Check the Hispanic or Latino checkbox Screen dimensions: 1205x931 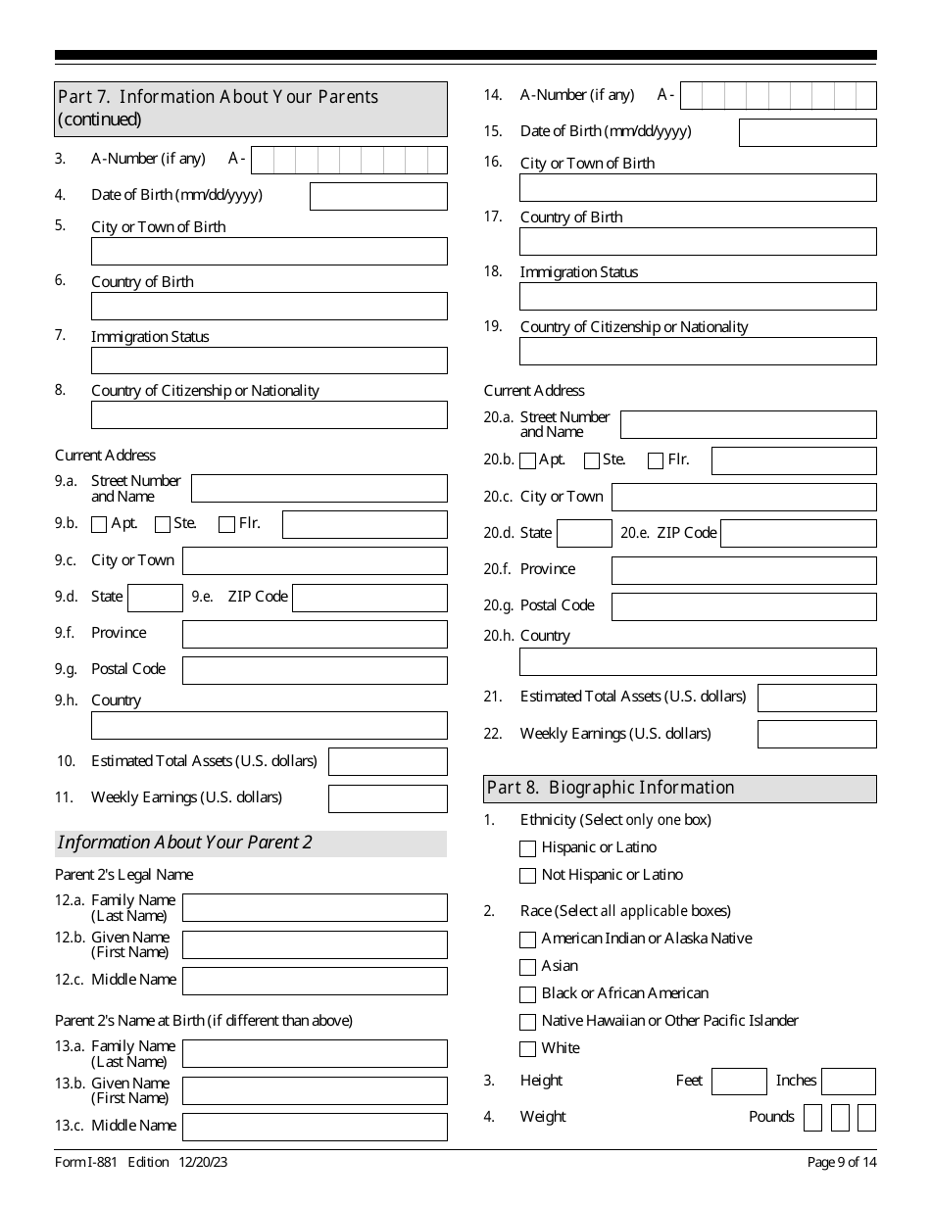pyautogui.click(x=528, y=848)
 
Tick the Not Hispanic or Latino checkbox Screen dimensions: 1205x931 pyautogui.click(x=528, y=876)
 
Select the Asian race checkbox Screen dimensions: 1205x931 pyautogui.click(x=528, y=967)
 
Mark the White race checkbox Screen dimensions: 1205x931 pyautogui.click(x=528, y=1049)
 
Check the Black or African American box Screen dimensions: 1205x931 pyautogui.click(x=528, y=994)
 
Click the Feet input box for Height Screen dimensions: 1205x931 pyautogui.click(x=739, y=1082)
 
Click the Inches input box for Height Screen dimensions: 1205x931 pyautogui.click(x=848, y=1082)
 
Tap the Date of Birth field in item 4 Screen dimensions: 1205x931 pyautogui.click(x=378, y=196)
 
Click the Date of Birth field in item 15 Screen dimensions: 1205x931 pyautogui.click(x=808, y=132)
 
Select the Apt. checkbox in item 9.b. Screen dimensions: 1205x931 pyautogui.click(x=99, y=524)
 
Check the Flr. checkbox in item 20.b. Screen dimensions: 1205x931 pyautogui.click(x=656, y=460)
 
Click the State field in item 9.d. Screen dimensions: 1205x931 pyautogui.click(x=156, y=598)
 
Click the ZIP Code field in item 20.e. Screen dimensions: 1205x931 pyautogui.click(x=798, y=534)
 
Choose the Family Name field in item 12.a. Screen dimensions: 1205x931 pyautogui.click(x=315, y=908)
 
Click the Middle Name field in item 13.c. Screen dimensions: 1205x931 pyautogui.click(x=315, y=1127)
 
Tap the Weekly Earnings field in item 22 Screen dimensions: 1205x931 pyautogui.click(x=817, y=734)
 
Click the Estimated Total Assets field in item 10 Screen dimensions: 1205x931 pyautogui.click(x=387, y=761)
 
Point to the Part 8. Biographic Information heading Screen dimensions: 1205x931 pyautogui.click(x=611, y=789)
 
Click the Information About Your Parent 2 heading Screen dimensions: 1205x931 pyautogui.click(x=185, y=843)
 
